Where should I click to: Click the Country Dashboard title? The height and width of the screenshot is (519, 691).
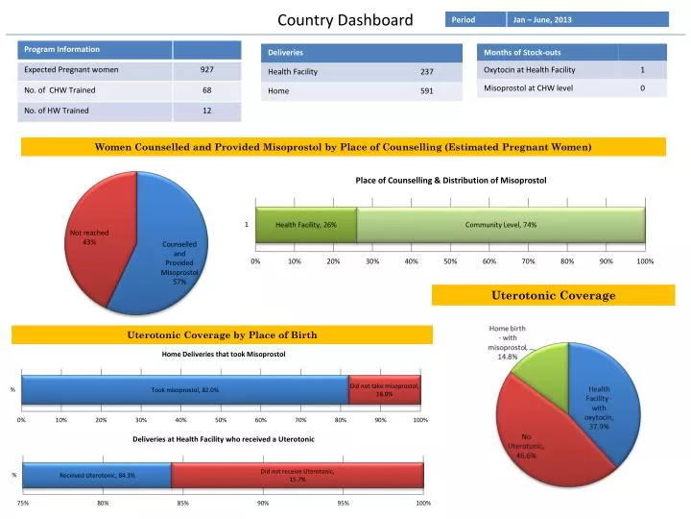[x=345, y=20]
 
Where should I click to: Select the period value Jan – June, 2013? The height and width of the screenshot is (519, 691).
[x=542, y=19]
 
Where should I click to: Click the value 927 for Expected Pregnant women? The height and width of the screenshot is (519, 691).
[x=207, y=70]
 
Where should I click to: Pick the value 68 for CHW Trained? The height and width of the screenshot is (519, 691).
[x=207, y=90]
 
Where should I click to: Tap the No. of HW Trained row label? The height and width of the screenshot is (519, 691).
[x=57, y=111]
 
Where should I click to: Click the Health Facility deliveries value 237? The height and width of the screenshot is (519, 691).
[x=426, y=72]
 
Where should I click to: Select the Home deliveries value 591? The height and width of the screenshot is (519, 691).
[x=426, y=92]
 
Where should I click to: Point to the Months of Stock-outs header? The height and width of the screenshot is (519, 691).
[x=523, y=52]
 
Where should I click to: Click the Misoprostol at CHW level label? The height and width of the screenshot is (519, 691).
[x=529, y=88]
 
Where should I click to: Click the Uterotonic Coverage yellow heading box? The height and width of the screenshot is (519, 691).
[x=553, y=295]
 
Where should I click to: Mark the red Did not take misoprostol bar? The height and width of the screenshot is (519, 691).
[x=384, y=389]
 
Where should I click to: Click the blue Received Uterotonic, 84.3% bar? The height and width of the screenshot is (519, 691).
[x=97, y=475]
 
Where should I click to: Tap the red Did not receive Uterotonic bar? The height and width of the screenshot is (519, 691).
[x=298, y=475]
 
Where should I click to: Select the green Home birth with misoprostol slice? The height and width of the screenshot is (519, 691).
[x=542, y=360]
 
